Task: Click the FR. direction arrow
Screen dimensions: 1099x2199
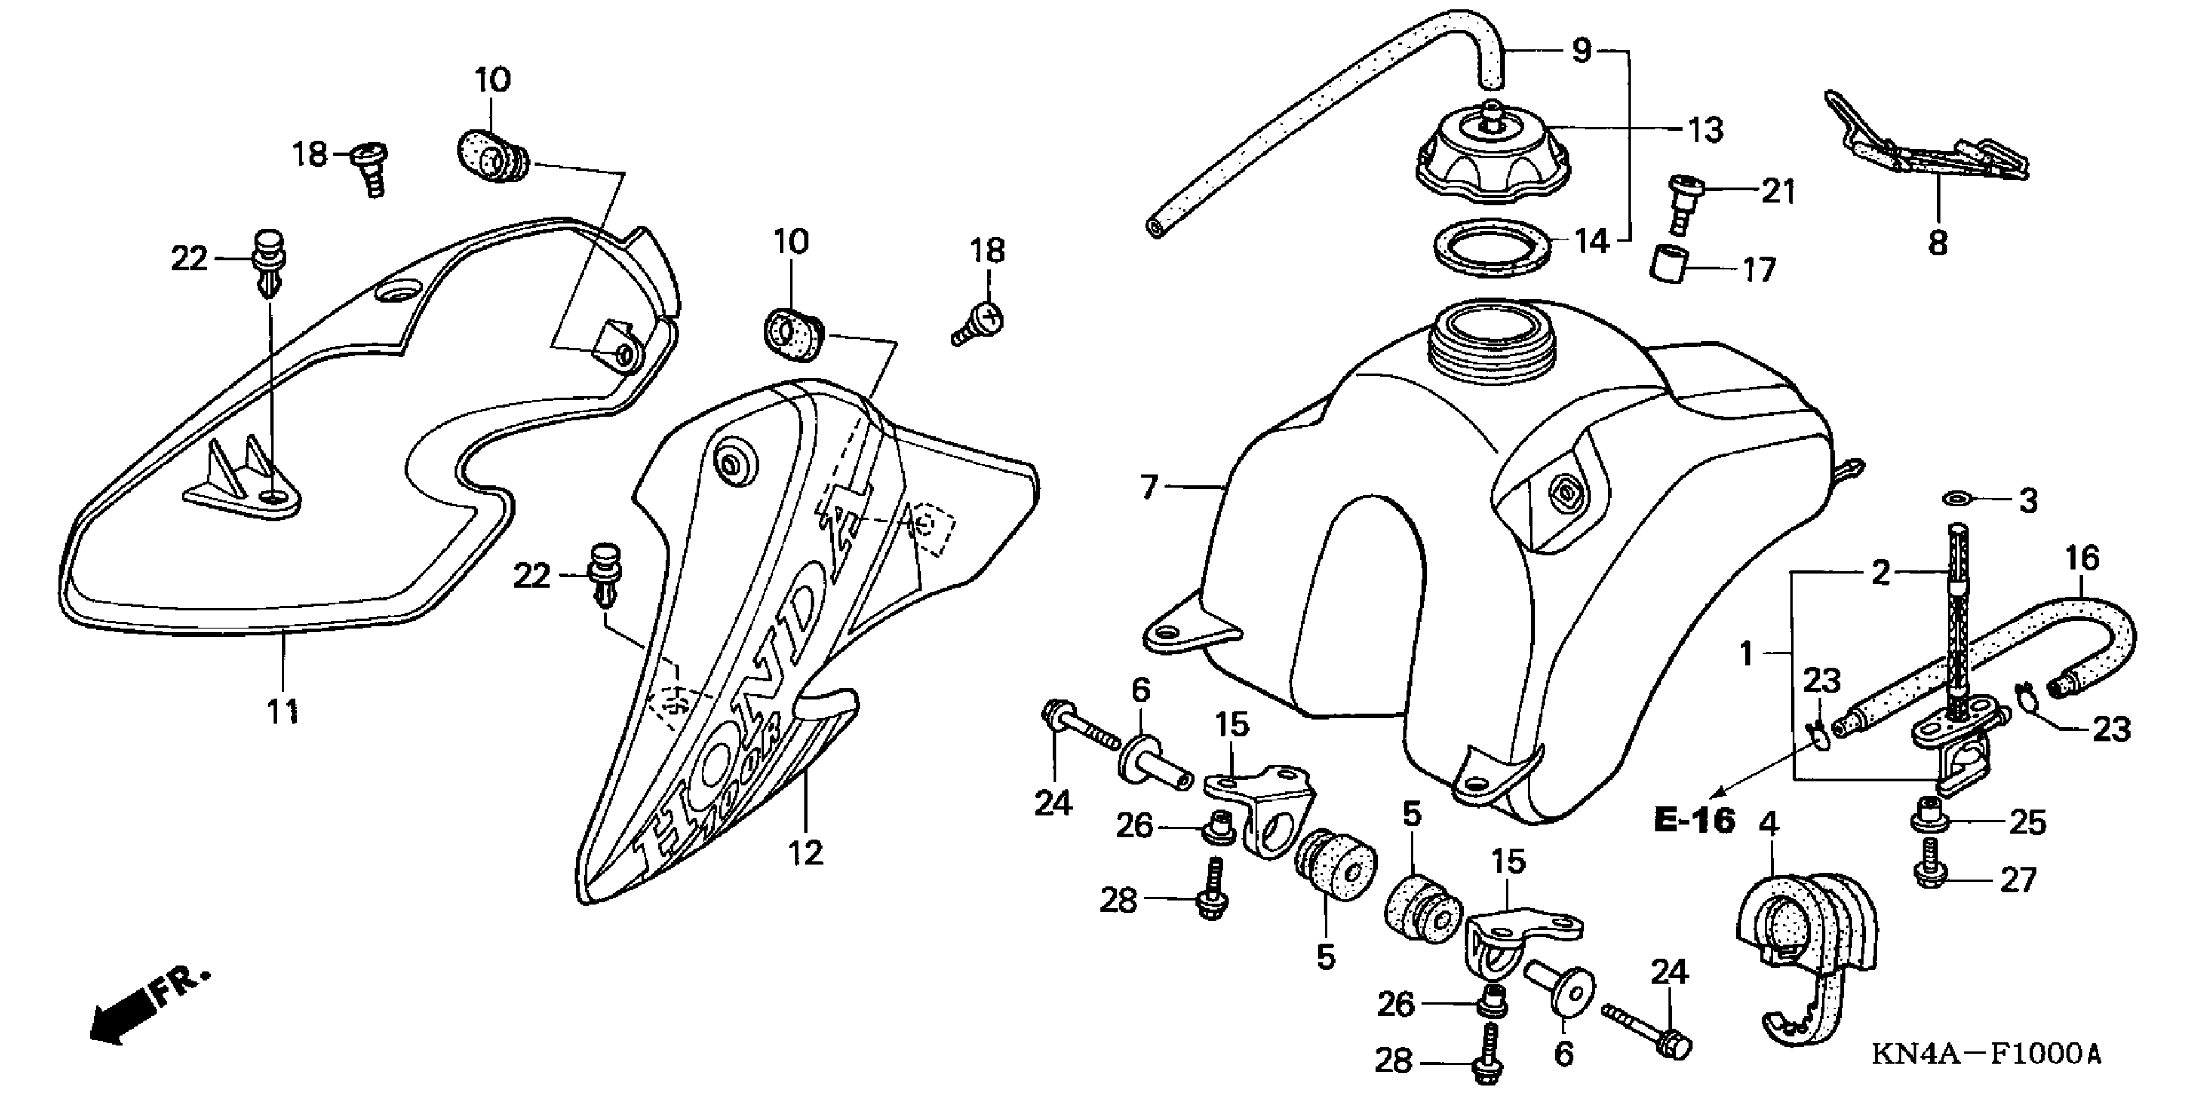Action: (x=128, y=1016)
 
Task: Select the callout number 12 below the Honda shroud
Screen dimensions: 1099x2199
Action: (x=806, y=851)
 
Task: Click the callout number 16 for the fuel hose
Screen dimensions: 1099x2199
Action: (x=2081, y=558)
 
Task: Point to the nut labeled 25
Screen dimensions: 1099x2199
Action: (x=1928, y=816)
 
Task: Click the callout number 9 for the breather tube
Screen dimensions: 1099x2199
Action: (x=1582, y=51)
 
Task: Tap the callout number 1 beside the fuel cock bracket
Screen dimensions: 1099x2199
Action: (x=1747, y=654)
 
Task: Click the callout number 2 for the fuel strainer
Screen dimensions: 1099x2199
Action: (x=1880, y=573)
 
